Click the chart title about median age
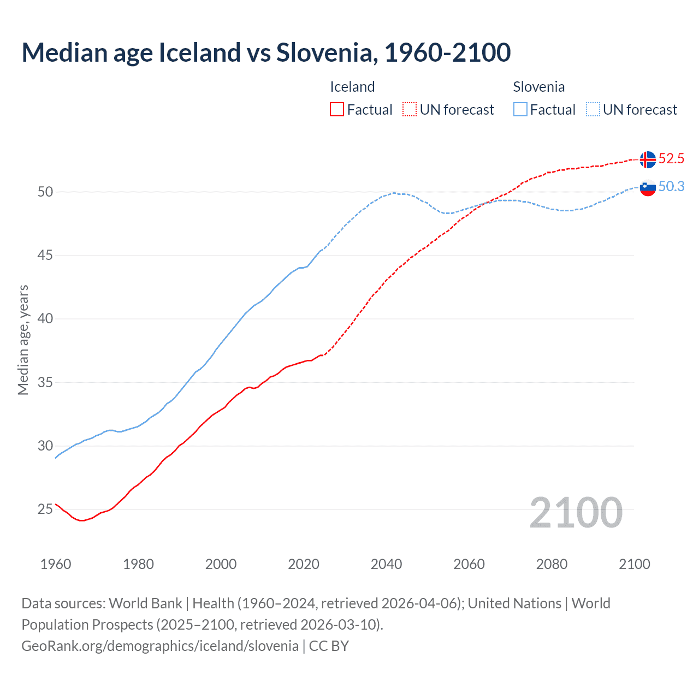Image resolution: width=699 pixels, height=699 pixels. point(266,52)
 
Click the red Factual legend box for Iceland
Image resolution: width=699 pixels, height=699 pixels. point(337,110)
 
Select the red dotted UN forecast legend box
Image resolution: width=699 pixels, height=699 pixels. point(410,110)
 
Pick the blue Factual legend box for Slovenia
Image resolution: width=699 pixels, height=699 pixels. point(520,110)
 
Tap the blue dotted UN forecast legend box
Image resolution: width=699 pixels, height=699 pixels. point(593,110)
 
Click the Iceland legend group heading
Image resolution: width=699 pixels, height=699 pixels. point(352,87)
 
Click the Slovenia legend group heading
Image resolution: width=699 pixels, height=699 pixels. point(538,87)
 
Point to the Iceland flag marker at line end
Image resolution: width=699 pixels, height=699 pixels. point(648,159)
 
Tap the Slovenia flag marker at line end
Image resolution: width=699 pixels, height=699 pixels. point(648,187)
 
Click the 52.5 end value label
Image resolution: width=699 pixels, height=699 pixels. point(671,159)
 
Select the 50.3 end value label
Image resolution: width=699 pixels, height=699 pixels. point(671,187)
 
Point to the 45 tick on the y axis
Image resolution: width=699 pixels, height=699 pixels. point(45,255)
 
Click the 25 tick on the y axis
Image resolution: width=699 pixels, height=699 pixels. point(45,510)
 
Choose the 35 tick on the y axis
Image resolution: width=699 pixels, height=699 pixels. point(45,382)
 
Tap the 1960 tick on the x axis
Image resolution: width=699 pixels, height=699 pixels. point(56,564)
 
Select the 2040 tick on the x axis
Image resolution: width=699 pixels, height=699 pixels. point(386,564)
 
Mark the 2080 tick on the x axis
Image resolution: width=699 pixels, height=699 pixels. point(552,564)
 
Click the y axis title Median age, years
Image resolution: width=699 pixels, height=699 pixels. point(23,340)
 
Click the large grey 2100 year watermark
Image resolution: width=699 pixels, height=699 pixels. point(576,513)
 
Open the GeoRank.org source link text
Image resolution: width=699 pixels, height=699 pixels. point(160,646)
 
